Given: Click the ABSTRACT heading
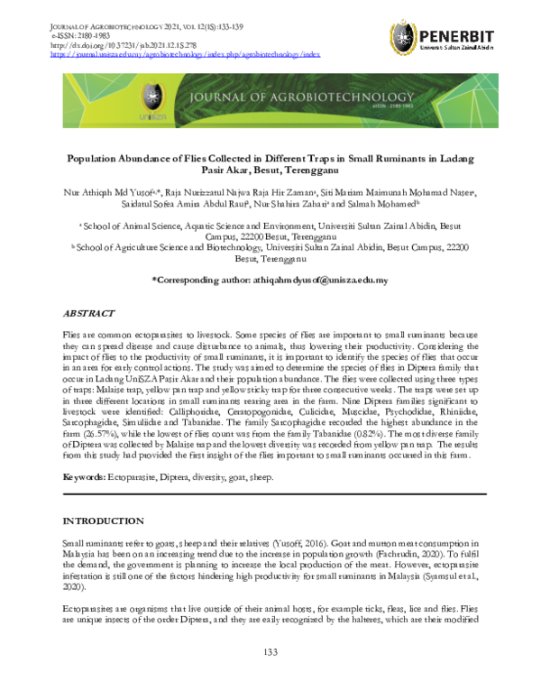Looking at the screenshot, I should pos(88,312).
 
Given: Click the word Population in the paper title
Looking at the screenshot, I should pos(104,156).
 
